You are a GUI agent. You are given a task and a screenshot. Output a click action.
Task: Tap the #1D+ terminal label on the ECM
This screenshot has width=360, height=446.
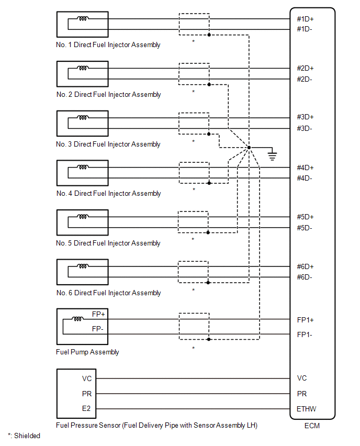pos(305,19)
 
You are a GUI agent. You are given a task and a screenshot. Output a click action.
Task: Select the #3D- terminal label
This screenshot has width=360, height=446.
pos(305,128)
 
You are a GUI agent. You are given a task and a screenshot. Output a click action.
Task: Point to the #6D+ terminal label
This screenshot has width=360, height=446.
pos(305,266)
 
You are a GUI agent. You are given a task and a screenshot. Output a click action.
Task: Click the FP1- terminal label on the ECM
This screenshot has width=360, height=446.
pos(305,334)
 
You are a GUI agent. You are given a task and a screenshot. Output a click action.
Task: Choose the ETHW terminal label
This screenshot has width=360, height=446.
pos(307,409)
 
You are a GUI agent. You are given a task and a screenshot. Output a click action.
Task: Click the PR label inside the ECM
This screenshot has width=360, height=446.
pos(302,394)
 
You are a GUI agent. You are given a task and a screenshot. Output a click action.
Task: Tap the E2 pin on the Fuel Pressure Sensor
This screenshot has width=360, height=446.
pos(87,409)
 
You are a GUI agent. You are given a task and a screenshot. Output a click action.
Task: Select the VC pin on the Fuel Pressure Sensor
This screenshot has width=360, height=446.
pos(87,378)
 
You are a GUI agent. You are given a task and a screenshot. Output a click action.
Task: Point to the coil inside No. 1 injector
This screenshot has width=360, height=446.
pos(83,19)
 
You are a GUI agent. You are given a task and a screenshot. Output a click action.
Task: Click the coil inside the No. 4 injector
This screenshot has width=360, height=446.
pos(83,168)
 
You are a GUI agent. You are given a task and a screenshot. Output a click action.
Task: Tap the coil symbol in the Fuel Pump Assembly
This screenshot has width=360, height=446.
pos(78,318)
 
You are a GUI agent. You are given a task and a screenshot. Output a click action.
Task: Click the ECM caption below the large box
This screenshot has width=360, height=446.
pos(312,426)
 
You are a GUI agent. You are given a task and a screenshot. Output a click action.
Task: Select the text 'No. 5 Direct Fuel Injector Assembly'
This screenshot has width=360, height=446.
pos(108,243)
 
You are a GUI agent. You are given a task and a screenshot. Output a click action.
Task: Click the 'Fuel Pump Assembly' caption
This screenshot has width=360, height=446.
pos(87,352)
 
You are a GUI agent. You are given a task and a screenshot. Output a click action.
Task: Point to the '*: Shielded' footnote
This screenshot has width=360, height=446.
pos(24,436)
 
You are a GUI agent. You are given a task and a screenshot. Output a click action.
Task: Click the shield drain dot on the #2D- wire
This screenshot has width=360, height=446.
pos(209,84)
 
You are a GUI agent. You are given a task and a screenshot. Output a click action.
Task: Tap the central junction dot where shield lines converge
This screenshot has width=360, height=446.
pos(249,148)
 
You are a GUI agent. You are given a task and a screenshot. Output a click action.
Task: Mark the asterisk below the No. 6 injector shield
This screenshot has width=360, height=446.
pos(194,290)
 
